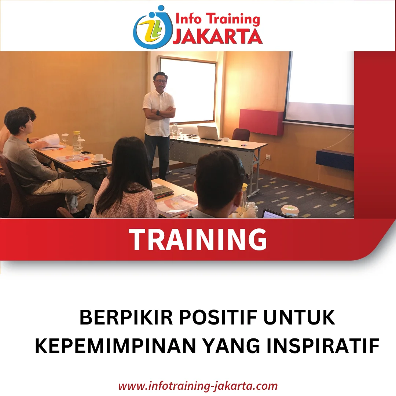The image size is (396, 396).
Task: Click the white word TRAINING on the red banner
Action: [198, 239]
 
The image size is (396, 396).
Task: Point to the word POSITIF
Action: [219, 318]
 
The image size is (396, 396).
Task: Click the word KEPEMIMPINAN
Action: [115, 346]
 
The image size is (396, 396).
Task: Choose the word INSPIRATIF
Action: [323, 346]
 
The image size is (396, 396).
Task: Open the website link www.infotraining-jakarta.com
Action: [198, 386]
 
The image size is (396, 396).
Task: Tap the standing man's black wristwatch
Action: [158, 113]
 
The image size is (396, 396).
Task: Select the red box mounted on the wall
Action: [261, 122]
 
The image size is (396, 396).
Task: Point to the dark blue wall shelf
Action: [335, 160]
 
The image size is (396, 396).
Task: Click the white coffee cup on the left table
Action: [99, 157]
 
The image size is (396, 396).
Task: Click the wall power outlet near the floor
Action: [267, 158]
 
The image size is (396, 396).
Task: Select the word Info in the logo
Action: [188, 19]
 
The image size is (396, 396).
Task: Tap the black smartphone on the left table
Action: [99, 163]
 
